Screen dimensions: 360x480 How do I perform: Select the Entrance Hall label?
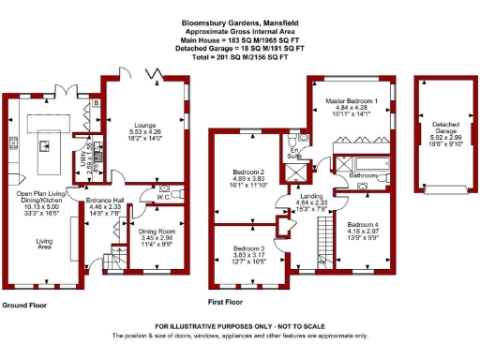(x=105, y=201)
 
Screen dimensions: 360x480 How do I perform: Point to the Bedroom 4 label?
(x=362, y=225)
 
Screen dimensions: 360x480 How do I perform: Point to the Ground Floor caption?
(x=25, y=306)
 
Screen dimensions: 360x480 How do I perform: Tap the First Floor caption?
(x=224, y=303)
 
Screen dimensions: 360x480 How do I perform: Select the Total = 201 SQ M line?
(x=240, y=56)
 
